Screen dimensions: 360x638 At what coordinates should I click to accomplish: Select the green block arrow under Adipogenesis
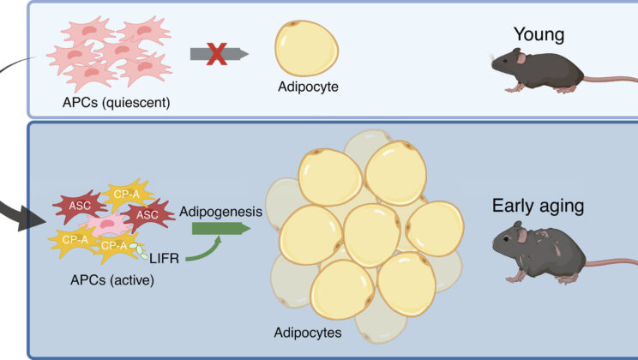pyautogui.click(x=214, y=229)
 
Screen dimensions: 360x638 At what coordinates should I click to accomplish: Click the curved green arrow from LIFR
pyautogui.click(x=203, y=249)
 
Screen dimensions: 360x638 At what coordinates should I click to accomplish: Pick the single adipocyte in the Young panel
pyautogui.click(x=305, y=48)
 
